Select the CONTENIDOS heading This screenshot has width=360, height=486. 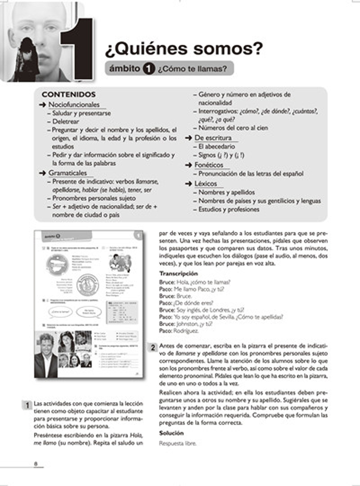[x=68, y=95]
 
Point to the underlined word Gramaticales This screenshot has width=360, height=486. [x=68, y=173]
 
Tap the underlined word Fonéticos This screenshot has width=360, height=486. [x=209, y=165]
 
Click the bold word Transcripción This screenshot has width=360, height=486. [x=178, y=273]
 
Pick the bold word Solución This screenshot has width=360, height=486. [x=171, y=433]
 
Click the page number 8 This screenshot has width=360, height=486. [x=36, y=464]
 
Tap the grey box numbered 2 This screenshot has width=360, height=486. [x=153, y=348]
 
